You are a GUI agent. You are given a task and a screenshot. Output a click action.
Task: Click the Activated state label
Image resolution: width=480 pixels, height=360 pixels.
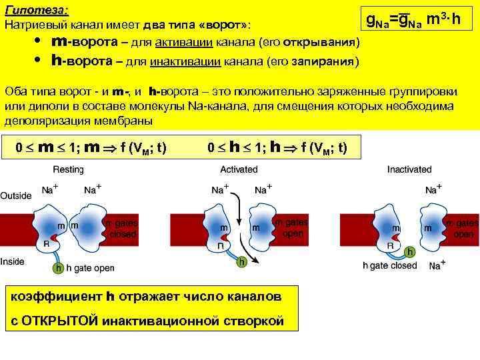(238, 170)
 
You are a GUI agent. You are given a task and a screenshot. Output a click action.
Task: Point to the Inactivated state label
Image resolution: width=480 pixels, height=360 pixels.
(409, 170)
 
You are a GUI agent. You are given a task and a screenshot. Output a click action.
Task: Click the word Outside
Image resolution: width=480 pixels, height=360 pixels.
(16, 196)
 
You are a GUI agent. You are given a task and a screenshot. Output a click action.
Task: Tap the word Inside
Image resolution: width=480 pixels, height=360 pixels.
(13, 261)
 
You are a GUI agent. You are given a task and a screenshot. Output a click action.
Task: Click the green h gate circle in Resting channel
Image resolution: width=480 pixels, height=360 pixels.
(59, 268)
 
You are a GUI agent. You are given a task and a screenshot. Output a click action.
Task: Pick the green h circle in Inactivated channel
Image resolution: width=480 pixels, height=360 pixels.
(411, 251)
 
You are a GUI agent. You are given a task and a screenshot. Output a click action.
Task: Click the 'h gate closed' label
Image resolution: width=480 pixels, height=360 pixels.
(390, 265)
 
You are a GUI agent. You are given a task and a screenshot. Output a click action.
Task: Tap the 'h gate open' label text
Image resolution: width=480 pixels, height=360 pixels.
(90, 269)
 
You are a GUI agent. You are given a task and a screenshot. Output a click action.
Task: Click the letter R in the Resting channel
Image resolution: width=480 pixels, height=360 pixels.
(46, 244)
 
